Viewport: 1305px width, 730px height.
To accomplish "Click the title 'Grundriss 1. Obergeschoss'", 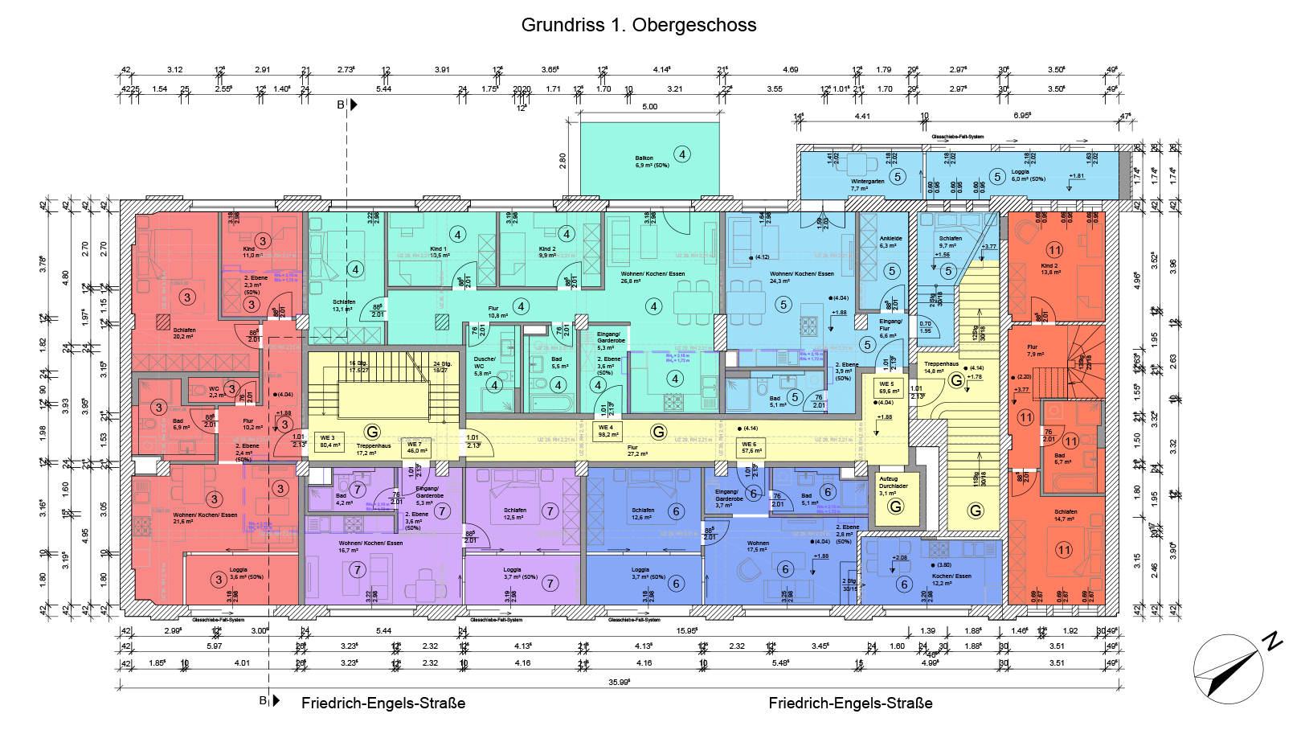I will (639, 25).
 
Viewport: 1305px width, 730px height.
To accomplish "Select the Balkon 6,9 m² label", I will (651, 162).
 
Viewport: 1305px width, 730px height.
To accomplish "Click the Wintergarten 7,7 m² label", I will (867, 185).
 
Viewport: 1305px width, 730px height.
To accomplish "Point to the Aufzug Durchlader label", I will (893, 486).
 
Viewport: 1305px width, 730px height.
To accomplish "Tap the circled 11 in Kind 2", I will (1054, 250).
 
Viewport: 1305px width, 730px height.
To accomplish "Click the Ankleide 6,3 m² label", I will (890, 242).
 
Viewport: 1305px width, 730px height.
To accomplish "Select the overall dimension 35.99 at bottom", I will (619, 682).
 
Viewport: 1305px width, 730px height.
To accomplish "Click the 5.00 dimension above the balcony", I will (649, 106).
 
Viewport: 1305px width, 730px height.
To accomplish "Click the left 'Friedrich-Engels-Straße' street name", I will (383, 703).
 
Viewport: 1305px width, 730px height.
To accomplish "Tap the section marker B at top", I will (342, 105).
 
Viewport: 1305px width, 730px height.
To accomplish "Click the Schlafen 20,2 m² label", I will (183, 333).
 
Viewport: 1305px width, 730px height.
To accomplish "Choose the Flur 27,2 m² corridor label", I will (637, 450).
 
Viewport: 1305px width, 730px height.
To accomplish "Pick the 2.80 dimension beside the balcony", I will (562, 161).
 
